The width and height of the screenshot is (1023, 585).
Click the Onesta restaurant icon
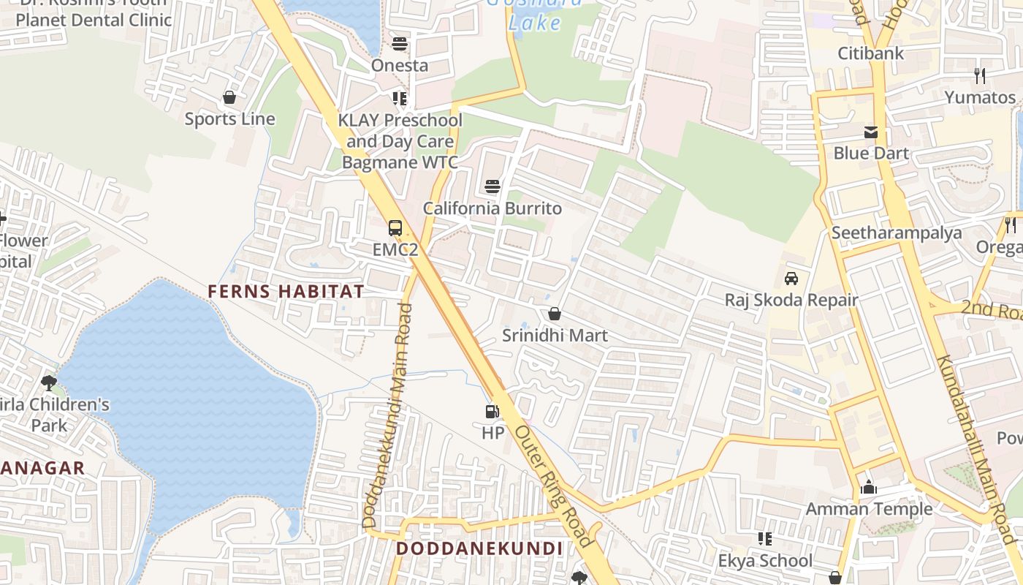tap(399, 44)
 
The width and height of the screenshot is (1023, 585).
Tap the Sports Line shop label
tap(229, 119)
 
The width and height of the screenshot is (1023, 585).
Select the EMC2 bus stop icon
tap(395, 228)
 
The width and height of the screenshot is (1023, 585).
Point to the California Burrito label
tap(493, 208)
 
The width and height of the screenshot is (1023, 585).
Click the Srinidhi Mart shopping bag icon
tap(555, 314)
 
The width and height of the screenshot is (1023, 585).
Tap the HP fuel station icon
tap(493, 412)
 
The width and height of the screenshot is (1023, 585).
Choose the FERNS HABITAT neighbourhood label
tap(286, 291)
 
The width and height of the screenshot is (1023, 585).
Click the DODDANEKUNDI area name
tap(479, 548)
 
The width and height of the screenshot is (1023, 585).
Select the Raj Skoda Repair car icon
tap(791, 279)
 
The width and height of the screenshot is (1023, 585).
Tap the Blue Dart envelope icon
tap(871, 132)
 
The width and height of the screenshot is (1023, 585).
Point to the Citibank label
tap(870, 53)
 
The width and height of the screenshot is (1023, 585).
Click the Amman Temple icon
tap(869, 487)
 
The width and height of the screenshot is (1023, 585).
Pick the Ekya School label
tap(765, 561)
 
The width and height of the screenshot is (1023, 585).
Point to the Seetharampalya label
tap(897, 233)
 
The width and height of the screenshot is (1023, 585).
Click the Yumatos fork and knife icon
tap(980, 75)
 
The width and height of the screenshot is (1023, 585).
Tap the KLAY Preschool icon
tap(399, 98)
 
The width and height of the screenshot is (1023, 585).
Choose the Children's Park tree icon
tap(49, 382)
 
